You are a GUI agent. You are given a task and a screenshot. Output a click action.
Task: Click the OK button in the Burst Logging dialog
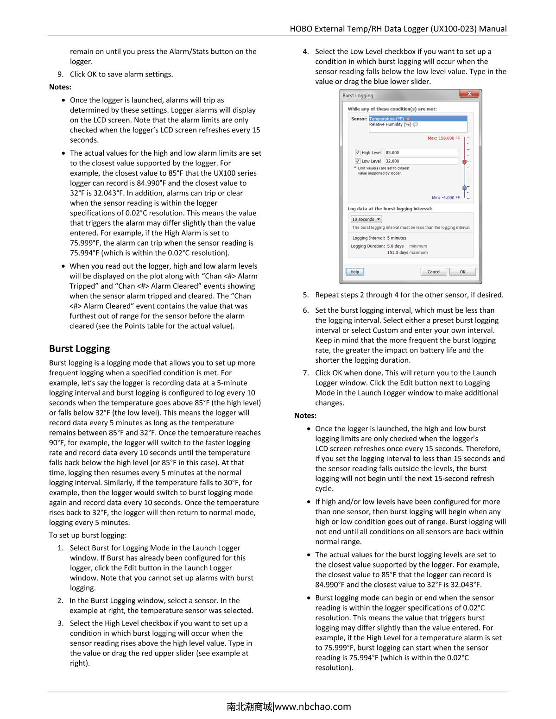(462, 272)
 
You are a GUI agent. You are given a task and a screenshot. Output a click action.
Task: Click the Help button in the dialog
(355, 272)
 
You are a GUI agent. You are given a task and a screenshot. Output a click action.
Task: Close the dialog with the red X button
(469, 94)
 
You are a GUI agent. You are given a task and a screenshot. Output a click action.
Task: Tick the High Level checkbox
(358, 152)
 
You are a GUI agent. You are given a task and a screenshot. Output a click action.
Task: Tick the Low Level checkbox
(358, 161)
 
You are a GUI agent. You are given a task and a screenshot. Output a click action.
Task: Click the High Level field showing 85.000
(421, 152)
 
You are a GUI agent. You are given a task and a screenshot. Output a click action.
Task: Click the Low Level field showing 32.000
(421, 161)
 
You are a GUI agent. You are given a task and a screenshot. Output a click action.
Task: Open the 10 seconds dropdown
(366, 220)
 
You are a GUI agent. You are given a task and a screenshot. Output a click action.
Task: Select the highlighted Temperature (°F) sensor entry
(389, 119)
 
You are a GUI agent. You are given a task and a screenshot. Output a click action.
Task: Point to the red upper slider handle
(464, 162)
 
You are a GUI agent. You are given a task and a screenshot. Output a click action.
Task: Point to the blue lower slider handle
(464, 187)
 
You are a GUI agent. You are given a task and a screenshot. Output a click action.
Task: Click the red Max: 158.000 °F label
(443, 138)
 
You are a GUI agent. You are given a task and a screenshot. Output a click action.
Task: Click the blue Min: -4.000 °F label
(446, 197)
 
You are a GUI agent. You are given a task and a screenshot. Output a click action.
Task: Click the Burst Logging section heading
(79, 348)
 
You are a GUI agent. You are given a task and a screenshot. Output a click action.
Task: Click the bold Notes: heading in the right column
(305, 416)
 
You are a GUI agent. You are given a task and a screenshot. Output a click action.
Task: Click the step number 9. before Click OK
(60, 74)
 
